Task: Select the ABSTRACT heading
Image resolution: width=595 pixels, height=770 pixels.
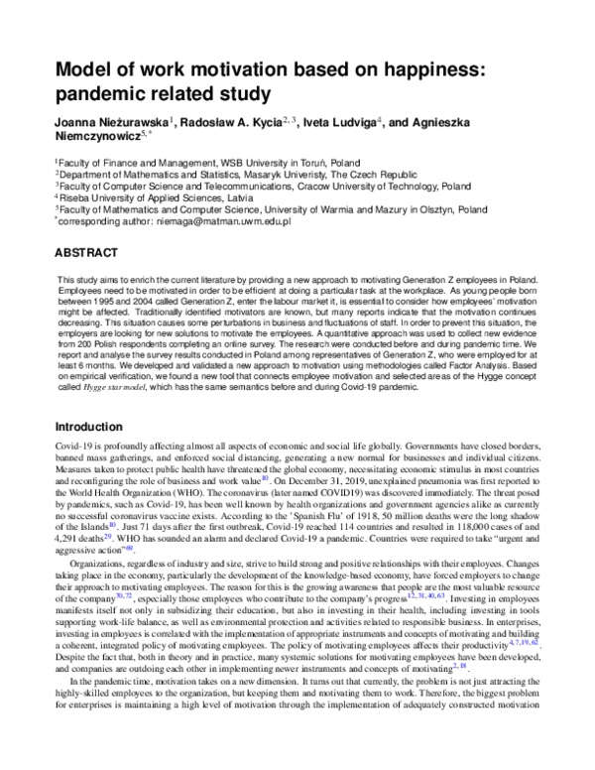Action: tap(88, 252)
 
